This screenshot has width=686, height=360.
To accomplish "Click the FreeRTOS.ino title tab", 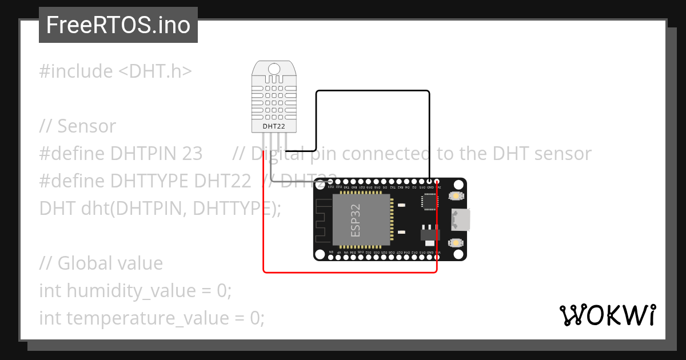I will [x=118, y=25].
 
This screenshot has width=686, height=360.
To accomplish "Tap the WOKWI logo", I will [x=607, y=315].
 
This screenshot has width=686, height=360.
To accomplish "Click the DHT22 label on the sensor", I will [x=274, y=126].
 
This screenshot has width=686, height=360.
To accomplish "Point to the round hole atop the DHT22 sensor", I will [x=274, y=69].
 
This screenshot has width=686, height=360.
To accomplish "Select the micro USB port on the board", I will [x=461, y=219].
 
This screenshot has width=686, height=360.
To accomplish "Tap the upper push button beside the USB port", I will [x=457, y=196].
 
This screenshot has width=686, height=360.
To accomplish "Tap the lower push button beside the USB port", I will [x=457, y=243].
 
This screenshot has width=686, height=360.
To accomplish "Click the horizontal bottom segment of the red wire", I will [x=350, y=272].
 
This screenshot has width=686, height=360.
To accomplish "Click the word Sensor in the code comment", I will [x=86, y=126].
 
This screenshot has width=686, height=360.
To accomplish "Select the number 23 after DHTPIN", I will [x=192, y=154].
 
